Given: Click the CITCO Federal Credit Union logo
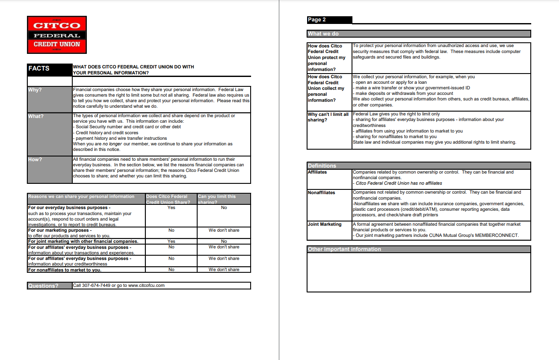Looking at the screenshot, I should point(57,35).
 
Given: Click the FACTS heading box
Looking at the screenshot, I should point(50,69).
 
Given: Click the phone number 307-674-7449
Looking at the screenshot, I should point(96,285).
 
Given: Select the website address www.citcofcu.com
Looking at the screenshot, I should point(146,285).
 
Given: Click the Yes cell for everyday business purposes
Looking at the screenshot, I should point(171,208).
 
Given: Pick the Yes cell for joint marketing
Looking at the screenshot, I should point(171,241).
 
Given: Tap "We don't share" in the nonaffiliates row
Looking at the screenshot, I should point(224,269).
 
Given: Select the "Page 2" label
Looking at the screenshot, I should point(317,20).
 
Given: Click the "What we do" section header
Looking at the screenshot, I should point(323,34).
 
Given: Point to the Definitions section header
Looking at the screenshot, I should point(322,166).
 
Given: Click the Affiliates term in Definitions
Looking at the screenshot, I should point(317,172).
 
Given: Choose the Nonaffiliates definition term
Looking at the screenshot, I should point(322,192).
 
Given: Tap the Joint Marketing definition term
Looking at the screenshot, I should point(325,224).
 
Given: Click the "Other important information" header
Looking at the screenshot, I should point(344,249).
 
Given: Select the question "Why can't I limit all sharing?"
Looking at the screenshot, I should point(328,117).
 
